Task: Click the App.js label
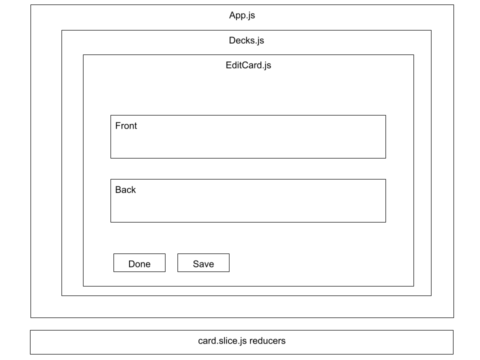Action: tap(242, 15)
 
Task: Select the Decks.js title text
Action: tap(246, 40)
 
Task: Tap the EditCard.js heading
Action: tap(248, 65)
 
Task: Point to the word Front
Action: tap(126, 125)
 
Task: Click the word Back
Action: tap(125, 189)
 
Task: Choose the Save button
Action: tap(203, 263)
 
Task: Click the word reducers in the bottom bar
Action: tap(267, 341)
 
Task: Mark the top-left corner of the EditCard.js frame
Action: tap(83, 54)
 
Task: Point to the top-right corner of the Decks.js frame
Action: tap(431, 30)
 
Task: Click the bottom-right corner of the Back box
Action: tap(385, 222)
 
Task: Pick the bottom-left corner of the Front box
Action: tap(110, 158)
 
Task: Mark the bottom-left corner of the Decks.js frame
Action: tap(61, 295)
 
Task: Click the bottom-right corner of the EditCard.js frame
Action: tap(413, 286)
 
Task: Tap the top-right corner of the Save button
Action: tap(229, 254)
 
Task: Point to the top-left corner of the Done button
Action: tap(113, 254)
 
